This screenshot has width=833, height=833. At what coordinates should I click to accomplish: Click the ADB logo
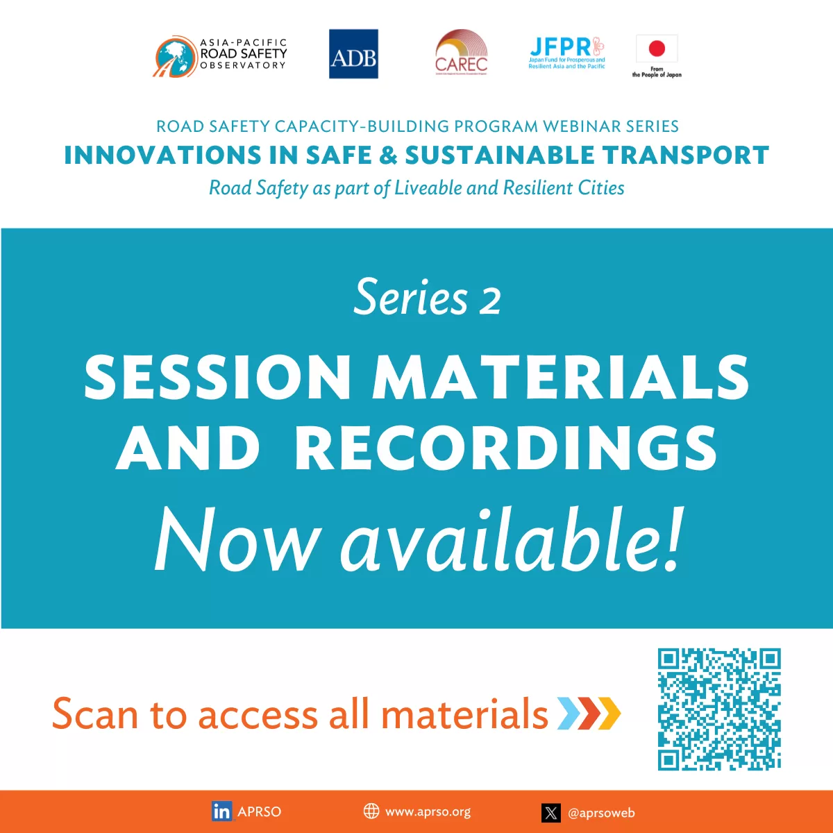[353, 54]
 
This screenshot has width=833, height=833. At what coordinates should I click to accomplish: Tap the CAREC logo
[461, 53]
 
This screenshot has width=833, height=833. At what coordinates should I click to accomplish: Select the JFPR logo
[566, 53]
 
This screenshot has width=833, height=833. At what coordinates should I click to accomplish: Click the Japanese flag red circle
[657, 49]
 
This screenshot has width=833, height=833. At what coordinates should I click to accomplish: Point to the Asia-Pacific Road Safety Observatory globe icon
[173, 56]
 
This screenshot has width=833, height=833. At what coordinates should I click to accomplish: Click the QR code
[719, 709]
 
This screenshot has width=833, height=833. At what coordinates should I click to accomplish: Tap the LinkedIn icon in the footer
[222, 811]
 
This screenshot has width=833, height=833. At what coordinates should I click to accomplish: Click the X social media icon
[551, 813]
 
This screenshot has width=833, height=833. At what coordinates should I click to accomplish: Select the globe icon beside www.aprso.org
[371, 811]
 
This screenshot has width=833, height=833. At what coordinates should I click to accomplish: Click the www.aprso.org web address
[428, 811]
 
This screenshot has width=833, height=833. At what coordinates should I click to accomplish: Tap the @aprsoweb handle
[601, 813]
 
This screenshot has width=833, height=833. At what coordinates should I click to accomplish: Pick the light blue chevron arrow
[569, 714]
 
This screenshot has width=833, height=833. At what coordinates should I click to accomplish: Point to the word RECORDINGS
[506, 449]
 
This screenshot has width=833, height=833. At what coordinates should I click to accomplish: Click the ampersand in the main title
[389, 155]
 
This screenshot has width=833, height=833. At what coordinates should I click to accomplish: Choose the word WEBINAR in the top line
[582, 126]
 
